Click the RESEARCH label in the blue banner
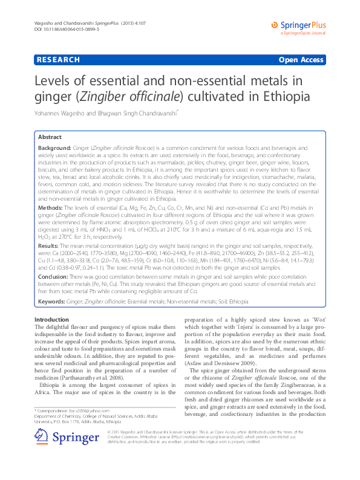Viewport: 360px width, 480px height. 57,60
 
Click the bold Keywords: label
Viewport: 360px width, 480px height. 54,301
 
